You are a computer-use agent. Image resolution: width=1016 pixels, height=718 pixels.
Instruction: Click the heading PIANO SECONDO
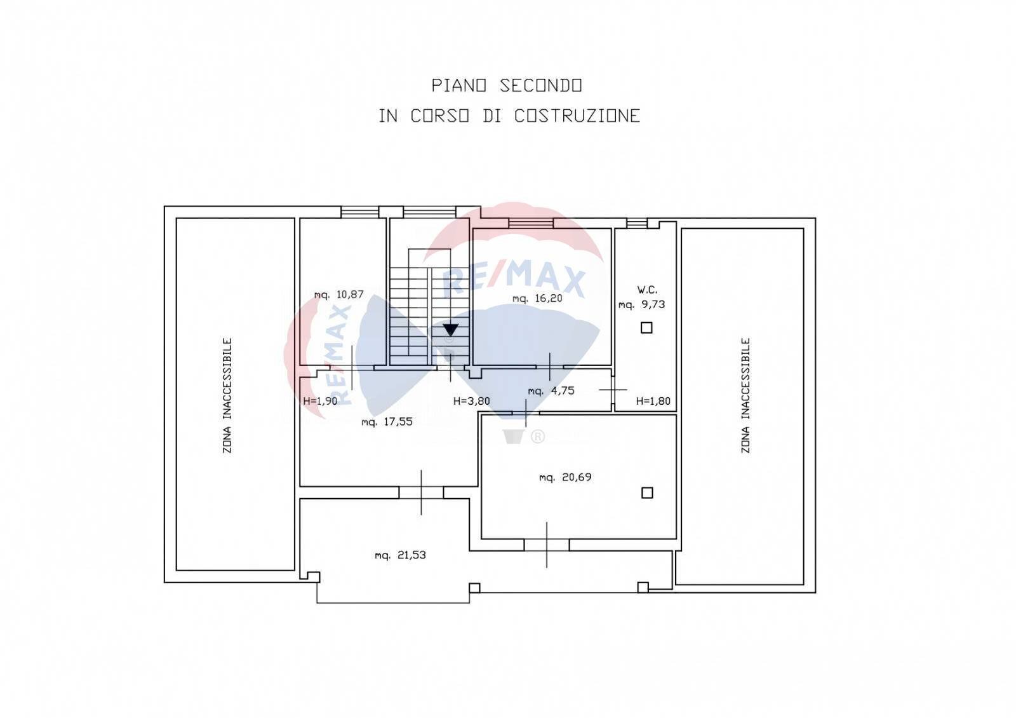tap(507, 85)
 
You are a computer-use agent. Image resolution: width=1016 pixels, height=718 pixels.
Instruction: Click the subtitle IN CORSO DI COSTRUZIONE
tap(509, 116)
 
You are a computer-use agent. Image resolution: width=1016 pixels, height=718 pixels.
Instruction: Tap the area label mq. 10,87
tap(339, 295)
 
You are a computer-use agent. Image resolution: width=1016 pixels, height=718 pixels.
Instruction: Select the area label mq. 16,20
tap(537, 298)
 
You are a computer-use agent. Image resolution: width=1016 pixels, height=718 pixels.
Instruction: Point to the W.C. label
tap(647, 290)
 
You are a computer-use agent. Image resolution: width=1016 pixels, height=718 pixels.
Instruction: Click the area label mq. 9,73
tap(642, 304)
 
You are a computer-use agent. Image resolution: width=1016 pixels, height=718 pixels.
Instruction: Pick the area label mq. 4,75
tap(551, 391)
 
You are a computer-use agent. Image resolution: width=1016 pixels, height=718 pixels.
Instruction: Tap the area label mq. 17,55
tap(387, 422)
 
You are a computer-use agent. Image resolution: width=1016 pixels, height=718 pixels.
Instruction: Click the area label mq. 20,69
tap(565, 477)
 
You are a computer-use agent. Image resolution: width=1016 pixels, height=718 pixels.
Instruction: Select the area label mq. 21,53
tap(400, 555)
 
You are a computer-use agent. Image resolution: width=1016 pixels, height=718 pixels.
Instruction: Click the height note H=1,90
tap(320, 401)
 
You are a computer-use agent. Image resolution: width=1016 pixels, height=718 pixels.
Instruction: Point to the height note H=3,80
tap(472, 401)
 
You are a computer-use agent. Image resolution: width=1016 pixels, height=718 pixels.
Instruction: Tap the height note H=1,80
tap(653, 401)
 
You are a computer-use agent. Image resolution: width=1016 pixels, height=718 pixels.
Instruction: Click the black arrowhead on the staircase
tap(450, 329)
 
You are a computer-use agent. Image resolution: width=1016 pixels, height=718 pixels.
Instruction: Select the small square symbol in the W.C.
tap(646, 327)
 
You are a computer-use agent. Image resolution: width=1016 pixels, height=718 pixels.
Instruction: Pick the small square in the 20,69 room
tap(647, 492)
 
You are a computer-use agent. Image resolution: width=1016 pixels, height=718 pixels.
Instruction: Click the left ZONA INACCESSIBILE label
tap(227, 395)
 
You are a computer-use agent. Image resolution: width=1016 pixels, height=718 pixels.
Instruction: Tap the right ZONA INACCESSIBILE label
tap(745, 395)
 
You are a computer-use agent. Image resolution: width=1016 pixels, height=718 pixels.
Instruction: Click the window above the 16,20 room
tap(531, 223)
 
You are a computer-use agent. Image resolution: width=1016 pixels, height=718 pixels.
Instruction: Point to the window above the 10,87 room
tap(359, 212)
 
